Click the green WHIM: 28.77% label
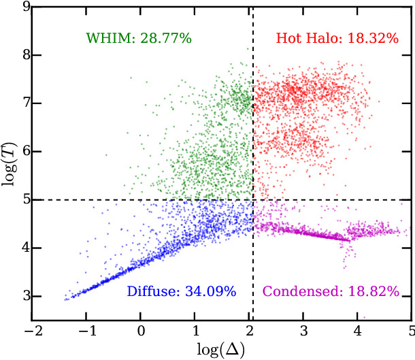tap(139, 38)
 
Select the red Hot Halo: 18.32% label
tap(337, 38)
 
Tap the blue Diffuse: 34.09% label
tap(182, 291)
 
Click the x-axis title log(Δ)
tap(221, 350)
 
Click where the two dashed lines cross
tap(253, 200)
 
